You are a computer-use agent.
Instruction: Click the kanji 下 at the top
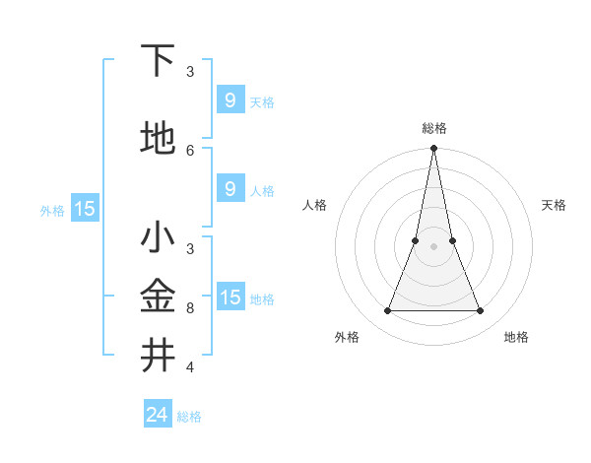click(x=158, y=62)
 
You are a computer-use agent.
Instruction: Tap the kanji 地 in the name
click(x=158, y=139)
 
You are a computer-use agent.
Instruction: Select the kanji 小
click(x=158, y=238)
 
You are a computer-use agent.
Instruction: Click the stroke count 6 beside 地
click(x=190, y=150)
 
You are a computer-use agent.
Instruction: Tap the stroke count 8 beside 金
click(x=190, y=307)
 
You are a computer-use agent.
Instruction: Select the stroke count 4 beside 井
click(x=190, y=366)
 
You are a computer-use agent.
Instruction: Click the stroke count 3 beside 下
click(x=190, y=71)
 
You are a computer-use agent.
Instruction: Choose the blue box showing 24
click(x=157, y=415)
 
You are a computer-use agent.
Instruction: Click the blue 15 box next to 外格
click(x=84, y=208)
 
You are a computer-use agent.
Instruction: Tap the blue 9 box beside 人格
click(x=230, y=189)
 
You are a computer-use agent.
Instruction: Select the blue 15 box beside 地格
click(x=230, y=297)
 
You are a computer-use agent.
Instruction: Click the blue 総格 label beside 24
click(x=189, y=417)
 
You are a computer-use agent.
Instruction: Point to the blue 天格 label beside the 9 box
click(x=262, y=101)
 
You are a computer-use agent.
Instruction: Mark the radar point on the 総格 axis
click(x=433, y=149)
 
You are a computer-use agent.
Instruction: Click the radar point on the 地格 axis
click(x=481, y=311)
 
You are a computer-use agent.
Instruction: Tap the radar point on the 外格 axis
click(x=387, y=311)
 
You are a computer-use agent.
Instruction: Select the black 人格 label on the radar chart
click(x=314, y=205)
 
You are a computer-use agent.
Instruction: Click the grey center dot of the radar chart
click(x=433, y=246)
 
